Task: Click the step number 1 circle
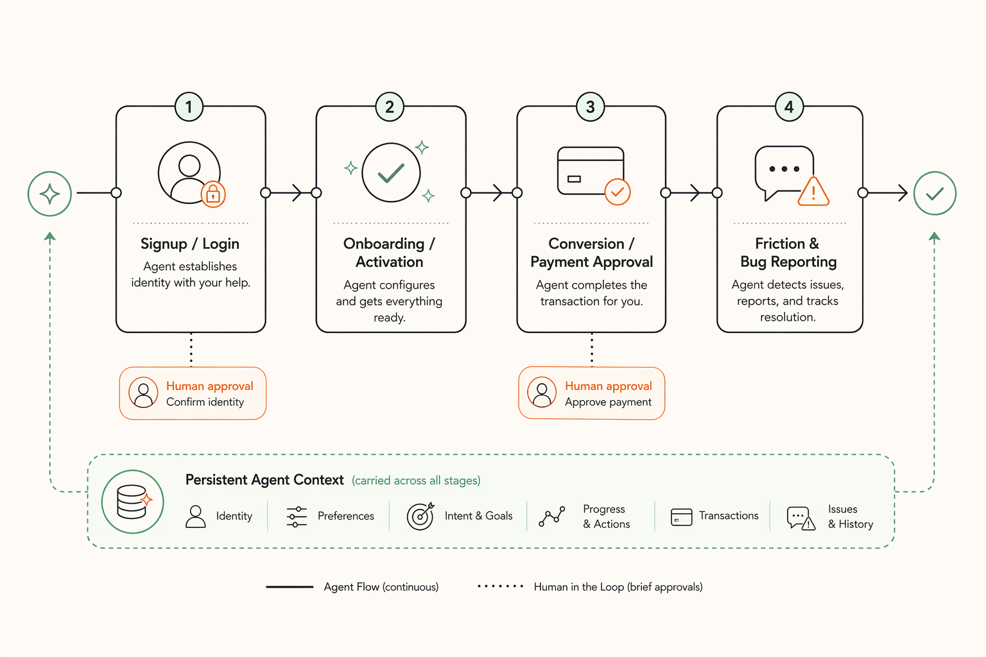(x=189, y=107)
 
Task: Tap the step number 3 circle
(x=590, y=107)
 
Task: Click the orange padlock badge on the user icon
(x=213, y=194)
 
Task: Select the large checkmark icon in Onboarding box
(x=391, y=173)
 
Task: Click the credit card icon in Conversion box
(x=590, y=171)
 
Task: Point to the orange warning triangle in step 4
(x=813, y=192)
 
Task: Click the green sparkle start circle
(x=49, y=193)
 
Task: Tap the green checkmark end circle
(x=935, y=193)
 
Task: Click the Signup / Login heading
(x=190, y=244)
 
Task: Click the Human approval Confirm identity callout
(x=193, y=393)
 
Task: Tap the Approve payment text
(x=608, y=402)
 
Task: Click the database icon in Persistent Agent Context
(x=133, y=502)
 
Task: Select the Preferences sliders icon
(x=297, y=516)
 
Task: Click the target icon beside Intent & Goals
(x=420, y=516)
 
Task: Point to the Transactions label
(x=729, y=516)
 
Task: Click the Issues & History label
(x=850, y=516)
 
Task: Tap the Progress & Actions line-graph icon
(x=551, y=516)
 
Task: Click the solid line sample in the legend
(x=290, y=586)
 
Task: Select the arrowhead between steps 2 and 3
(x=497, y=192)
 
